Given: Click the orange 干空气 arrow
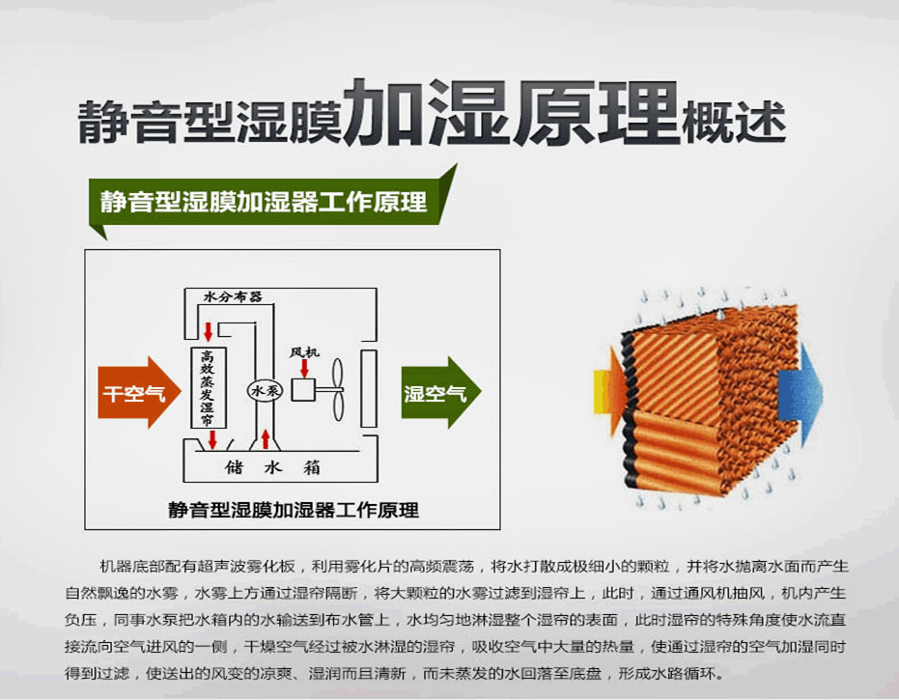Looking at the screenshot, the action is [139, 393].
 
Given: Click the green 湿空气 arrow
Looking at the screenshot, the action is [441, 393].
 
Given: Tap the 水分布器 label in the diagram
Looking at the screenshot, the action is [233, 297].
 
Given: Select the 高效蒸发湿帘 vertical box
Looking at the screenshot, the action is [209, 387].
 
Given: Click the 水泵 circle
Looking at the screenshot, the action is [265, 391].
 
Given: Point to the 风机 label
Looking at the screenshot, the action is [304, 352].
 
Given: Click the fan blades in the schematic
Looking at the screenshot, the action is [338, 391].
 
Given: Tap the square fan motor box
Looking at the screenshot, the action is [303, 391].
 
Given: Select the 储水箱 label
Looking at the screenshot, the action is [272, 467].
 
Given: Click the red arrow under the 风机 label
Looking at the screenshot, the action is [304, 368].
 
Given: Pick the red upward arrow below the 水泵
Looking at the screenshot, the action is [265, 439].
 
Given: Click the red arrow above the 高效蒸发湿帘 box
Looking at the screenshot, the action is [209, 331].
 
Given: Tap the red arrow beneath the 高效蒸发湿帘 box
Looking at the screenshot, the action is [212, 439].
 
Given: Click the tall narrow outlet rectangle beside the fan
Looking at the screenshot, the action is [369, 389].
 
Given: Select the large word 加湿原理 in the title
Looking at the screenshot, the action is [511, 112].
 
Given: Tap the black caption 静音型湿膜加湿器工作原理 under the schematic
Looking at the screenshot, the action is [294, 510].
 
